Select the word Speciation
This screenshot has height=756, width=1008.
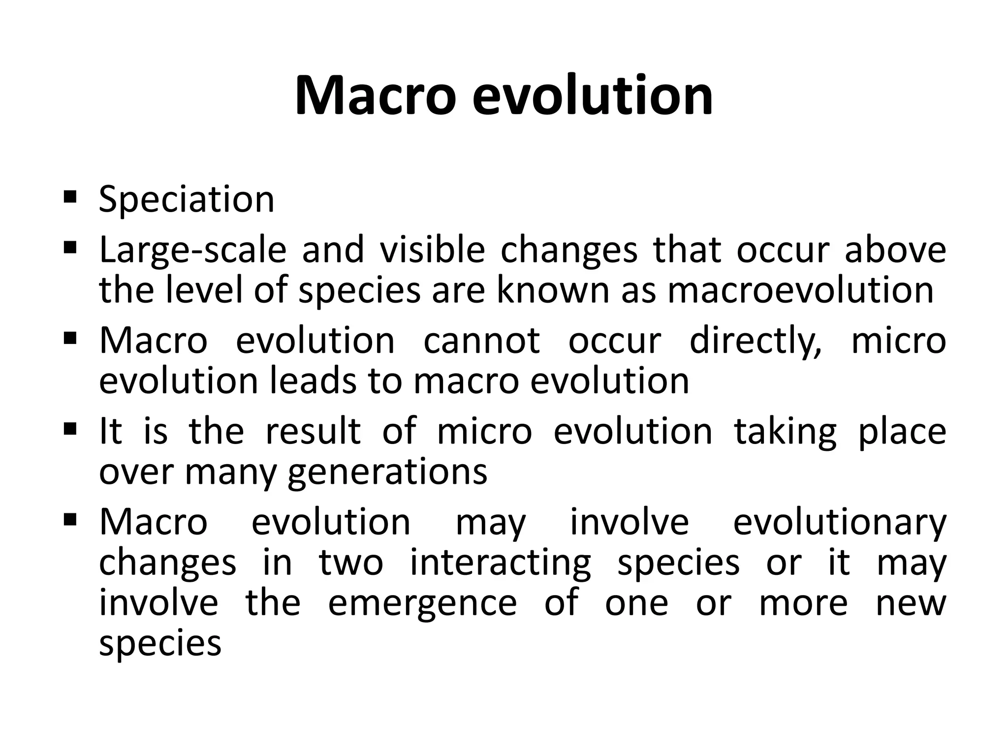coord(187,199)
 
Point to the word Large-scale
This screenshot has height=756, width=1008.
coord(192,250)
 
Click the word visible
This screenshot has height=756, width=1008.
coord(432,250)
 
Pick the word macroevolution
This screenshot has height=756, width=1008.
coord(800,290)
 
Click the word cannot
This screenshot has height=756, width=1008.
coord(481,341)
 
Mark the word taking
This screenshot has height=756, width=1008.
coord(785,431)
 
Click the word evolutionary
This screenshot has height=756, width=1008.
coord(840,522)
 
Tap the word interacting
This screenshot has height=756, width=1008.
coord(500,563)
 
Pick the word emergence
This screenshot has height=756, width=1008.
coord(422,603)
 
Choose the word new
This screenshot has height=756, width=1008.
coord(911,603)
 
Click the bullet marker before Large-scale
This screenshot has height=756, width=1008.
coord(70,247)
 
